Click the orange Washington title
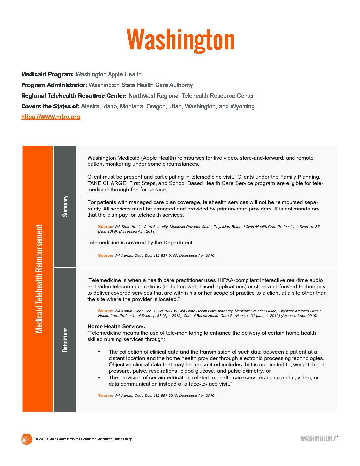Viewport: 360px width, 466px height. (180, 40)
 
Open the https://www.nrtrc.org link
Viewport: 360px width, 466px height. (51, 117)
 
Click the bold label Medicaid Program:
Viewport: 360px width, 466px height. (47, 74)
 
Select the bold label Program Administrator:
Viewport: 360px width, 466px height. (54, 85)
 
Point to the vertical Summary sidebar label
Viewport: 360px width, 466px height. (65, 206)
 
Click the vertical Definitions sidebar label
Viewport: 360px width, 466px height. (65, 340)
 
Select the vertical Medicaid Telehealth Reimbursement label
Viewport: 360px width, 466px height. (39, 279)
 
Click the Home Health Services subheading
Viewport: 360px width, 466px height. (116, 326)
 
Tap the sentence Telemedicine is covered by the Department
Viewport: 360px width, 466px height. (141, 243)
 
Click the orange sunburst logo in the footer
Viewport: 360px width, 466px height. (26, 439)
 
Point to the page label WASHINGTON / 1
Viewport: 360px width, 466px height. (319, 439)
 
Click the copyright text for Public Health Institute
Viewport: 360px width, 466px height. (84, 439)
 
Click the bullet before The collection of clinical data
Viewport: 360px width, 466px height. (99, 352)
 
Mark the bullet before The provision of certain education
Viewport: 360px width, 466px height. (99, 378)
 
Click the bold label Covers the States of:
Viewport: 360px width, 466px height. (50, 106)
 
